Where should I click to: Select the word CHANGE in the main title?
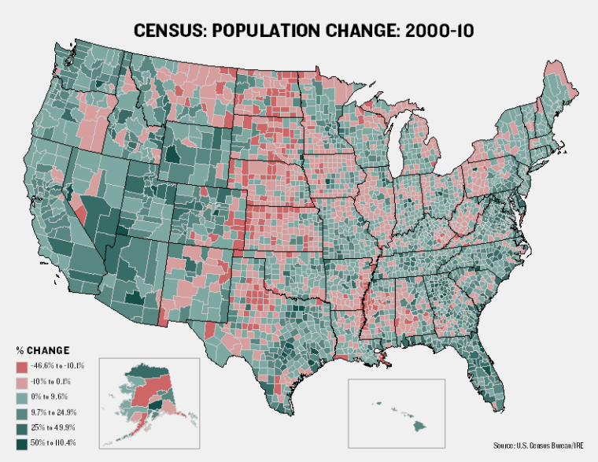pyautogui.click(x=360, y=31)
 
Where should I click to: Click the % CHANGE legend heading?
pyautogui.click(x=43, y=349)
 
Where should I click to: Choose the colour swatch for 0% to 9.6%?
pyautogui.click(x=23, y=397)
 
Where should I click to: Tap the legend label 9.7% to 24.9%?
pyautogui.click(x=54, y=412)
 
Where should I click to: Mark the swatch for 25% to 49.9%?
pyautogui.click(x=23, y=428)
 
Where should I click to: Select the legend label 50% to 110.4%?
pyautogui.click(x=56, y=444)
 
